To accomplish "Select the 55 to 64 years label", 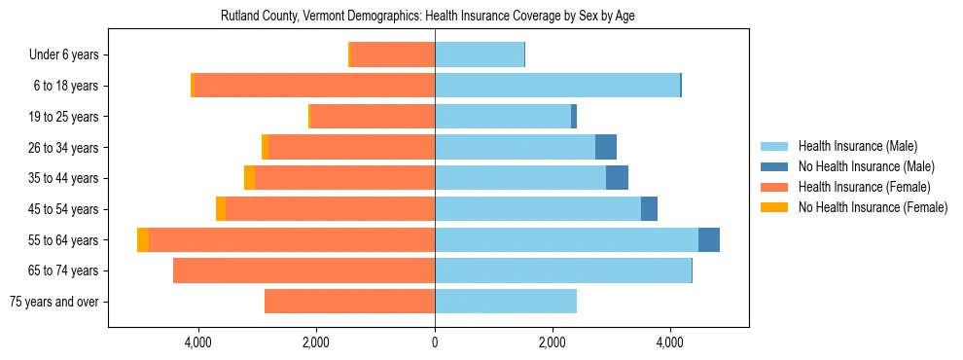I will tap(65, 240).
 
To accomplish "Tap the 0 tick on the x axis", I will tap(435, 342).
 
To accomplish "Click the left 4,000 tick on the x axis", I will tap(198, 342).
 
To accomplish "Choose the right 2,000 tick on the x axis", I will tap(553, 342).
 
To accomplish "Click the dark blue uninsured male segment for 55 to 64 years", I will tap(709, 240).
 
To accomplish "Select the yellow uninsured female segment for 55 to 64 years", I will tap(143, 240).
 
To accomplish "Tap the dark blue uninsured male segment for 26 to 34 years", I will tap(606, 148).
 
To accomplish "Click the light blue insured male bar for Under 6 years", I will tap(480, 55).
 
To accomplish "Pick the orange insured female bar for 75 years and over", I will tap(350, 302).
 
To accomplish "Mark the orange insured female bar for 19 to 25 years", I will tap(373, 117).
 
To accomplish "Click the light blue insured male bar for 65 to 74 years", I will tap(563, 270).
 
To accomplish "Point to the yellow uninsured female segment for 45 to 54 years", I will tap(221, 209).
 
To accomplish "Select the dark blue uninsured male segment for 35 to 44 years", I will tap(617, 178).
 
